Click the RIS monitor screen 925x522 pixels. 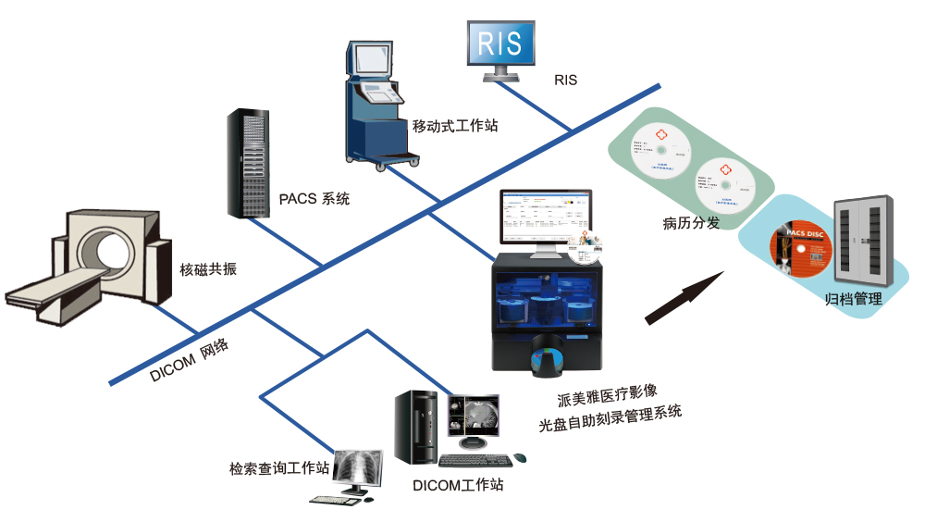[501, 43]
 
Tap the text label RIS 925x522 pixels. [565, 81]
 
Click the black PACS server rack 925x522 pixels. [247, 163]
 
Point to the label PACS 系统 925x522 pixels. [314, 198]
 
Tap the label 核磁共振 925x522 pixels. [208, 270]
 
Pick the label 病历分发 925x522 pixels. [689, 222]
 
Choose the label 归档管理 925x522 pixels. [853, 299]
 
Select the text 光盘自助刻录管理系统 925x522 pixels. [610, 423]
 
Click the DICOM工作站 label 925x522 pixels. [458, 484]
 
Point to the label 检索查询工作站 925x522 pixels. [279, 468]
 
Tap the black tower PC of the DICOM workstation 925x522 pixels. [415, 427]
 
